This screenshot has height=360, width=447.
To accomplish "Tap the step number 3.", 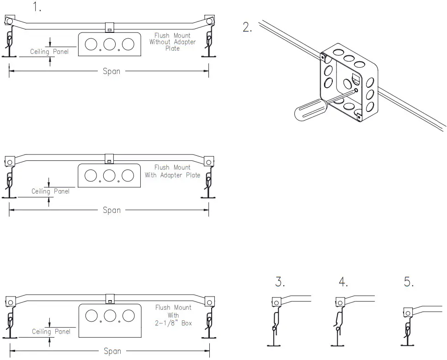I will pos(280,282).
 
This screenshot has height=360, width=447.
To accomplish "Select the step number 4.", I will pos(343,282).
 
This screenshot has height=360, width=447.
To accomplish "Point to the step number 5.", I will pos(409,282).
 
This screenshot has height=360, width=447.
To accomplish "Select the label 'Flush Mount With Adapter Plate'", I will pos(172,171).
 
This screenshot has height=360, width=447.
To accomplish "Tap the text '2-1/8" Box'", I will pos(173,323).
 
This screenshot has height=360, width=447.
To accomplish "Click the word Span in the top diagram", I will pos(112,71).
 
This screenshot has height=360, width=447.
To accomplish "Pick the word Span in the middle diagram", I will pos(112,210).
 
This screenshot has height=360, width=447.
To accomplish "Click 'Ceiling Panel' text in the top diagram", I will pos(49,52).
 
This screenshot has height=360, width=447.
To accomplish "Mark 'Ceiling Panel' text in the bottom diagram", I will pos(51,331).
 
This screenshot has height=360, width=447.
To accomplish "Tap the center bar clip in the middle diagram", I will pos(109,159).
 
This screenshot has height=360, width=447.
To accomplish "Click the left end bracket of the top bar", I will pos(9,21).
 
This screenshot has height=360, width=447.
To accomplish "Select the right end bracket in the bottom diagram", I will pos(209,302).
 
